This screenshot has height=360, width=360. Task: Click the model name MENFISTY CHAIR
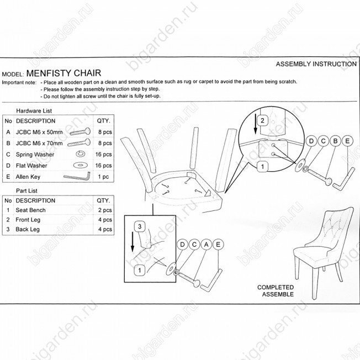(63, 72)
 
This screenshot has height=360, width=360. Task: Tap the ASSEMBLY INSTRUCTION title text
(316, 64)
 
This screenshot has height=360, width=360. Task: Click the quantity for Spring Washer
(103, 155)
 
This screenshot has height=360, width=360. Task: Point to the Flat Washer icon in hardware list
(80, 166)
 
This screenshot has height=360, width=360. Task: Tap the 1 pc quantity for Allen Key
(103, 177)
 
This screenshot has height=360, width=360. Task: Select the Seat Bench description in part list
(31, 210)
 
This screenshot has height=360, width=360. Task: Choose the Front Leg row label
(28, 220)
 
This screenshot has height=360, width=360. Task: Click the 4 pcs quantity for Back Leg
(103, 229)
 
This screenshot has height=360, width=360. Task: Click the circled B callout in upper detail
(334, 141)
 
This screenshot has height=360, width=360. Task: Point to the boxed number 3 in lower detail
(141, 226)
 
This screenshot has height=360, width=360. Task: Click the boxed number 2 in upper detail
(263, 120)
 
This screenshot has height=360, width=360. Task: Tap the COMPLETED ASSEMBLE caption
(276, 291)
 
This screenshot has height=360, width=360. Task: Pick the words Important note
(19, 81)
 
